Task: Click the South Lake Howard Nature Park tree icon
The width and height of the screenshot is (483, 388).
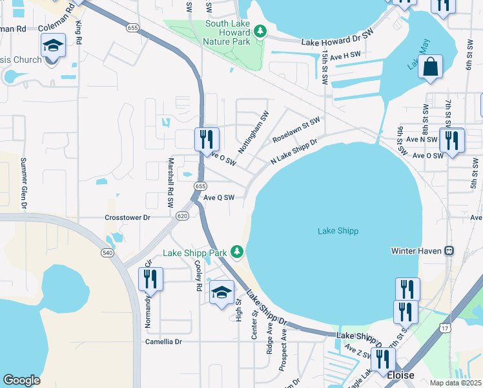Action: click(x=260, y=30)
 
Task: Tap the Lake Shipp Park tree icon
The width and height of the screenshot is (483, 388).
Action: click(x=238, y=251)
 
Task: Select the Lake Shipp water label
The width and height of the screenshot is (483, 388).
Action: click(x=338, y=231)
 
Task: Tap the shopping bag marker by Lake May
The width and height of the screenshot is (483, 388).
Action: click(x=430, y=67)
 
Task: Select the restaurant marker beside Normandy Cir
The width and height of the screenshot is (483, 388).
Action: click(x=150, y=279)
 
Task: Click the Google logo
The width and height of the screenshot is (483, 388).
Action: click(x=21, y=380)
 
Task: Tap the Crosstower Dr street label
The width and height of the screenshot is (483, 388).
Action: click(x=127, y=218)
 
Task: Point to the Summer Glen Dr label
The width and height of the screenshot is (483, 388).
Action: click(x=24, y=183)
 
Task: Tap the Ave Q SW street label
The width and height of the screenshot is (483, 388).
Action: click(x=218, y=198)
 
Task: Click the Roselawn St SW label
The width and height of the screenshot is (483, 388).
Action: click(x=296, y=130)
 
